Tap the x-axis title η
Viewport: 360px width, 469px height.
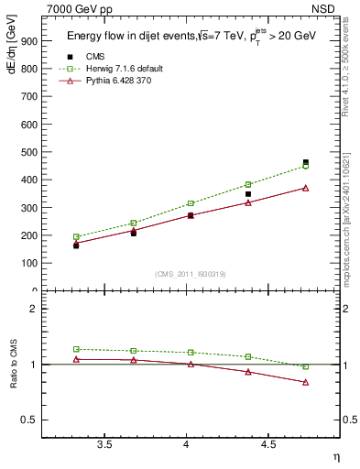[335, 455]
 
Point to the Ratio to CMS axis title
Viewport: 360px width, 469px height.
[13, 365]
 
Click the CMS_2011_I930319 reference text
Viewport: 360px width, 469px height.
[191, 273]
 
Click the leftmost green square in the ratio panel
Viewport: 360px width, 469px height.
[76, 349]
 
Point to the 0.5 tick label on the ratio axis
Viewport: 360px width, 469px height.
[30, 420]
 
